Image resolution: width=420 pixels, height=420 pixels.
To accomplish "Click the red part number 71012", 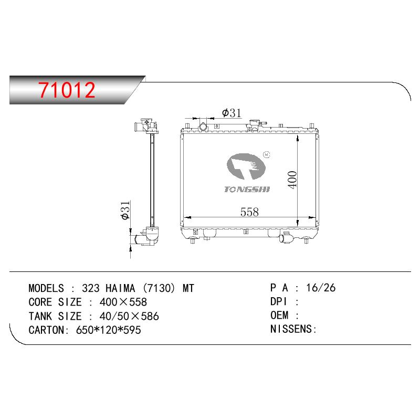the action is [x=67, y=90].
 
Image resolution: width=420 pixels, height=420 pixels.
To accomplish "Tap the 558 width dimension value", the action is [x=249, y=212].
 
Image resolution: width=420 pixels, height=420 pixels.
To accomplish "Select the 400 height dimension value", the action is [x=293, y=180].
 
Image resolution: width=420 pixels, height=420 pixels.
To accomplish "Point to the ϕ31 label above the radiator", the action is [x=232, y=113].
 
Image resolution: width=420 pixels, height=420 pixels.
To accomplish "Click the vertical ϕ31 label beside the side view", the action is [x=125, y=211].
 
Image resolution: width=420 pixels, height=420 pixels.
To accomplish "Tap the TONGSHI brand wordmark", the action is [x=247, y=190].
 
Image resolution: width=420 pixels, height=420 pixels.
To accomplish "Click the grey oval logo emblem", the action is [x=246, y=166].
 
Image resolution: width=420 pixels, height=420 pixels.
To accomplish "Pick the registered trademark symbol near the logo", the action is [x=267, y=154].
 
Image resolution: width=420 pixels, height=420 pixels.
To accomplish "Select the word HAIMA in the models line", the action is [x=120, y=288].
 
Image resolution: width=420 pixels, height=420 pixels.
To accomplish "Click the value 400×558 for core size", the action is [x=123, y=302].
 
